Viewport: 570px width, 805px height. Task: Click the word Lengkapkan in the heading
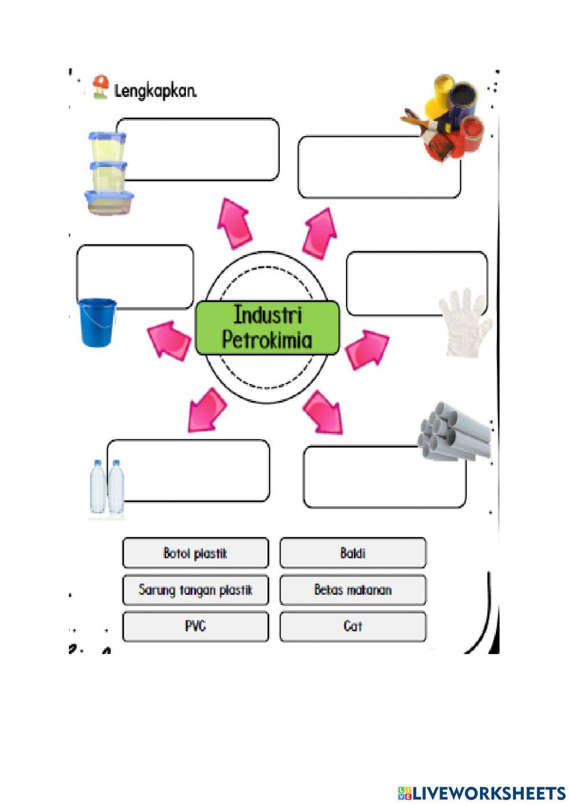(x=156, y=91)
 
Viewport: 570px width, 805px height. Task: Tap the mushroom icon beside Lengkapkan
(x=101, y=87)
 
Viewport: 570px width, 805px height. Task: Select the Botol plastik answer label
(x=196, y=553)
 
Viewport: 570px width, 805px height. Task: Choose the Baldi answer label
(x=353, y=553)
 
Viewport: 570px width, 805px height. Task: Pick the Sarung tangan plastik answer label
(x=196, y=590)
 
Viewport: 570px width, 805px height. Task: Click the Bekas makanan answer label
(x=353, y=590)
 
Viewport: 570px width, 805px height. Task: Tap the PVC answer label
(x=196, y=626)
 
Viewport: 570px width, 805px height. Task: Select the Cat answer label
(x=353, y=626)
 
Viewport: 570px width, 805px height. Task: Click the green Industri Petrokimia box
(x=267, y=328)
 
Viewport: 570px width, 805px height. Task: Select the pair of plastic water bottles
(x=107, y=487)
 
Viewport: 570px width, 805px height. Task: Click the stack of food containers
(x=108, y=173)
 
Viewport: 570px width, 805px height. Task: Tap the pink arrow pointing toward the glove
(x=367, y=349)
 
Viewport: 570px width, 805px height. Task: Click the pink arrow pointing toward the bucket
(x=169, y=340)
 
